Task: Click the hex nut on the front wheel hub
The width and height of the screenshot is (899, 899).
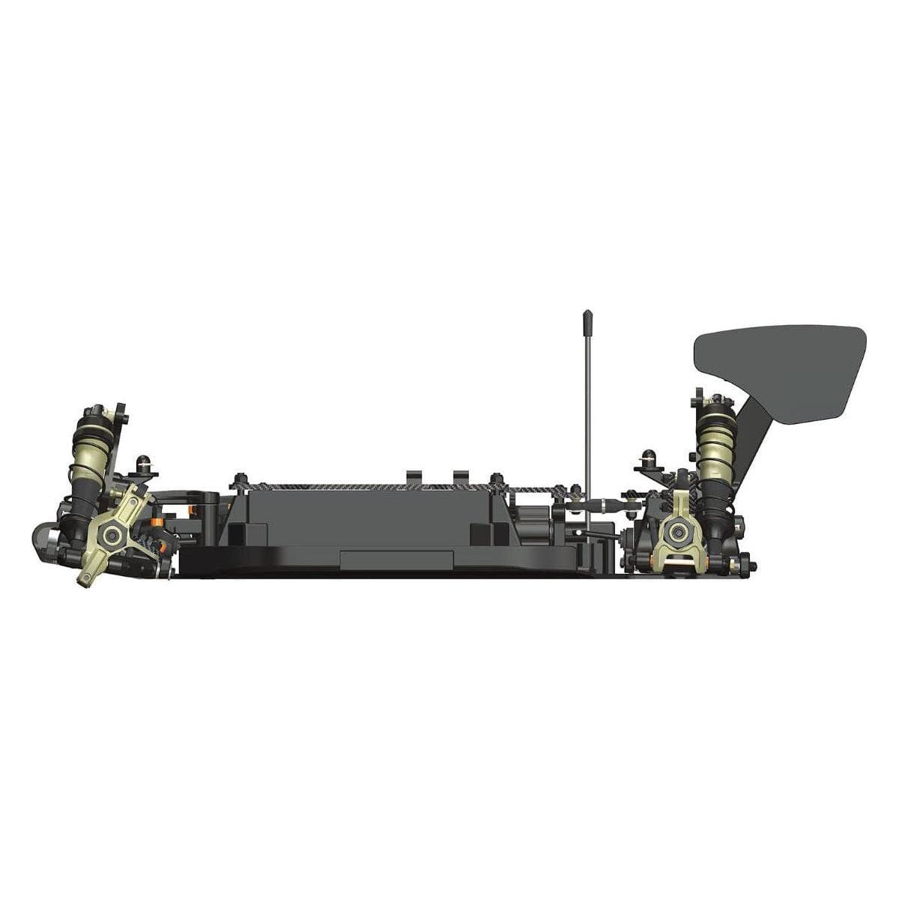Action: [x=113, y=534]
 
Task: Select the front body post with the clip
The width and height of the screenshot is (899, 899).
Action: [x=142, y=466]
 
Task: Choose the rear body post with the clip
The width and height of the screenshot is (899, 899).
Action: [x=646, y=460]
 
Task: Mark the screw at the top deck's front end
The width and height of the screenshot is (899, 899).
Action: [x=240, y=480]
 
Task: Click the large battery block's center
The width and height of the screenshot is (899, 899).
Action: [x=367, y=517]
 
